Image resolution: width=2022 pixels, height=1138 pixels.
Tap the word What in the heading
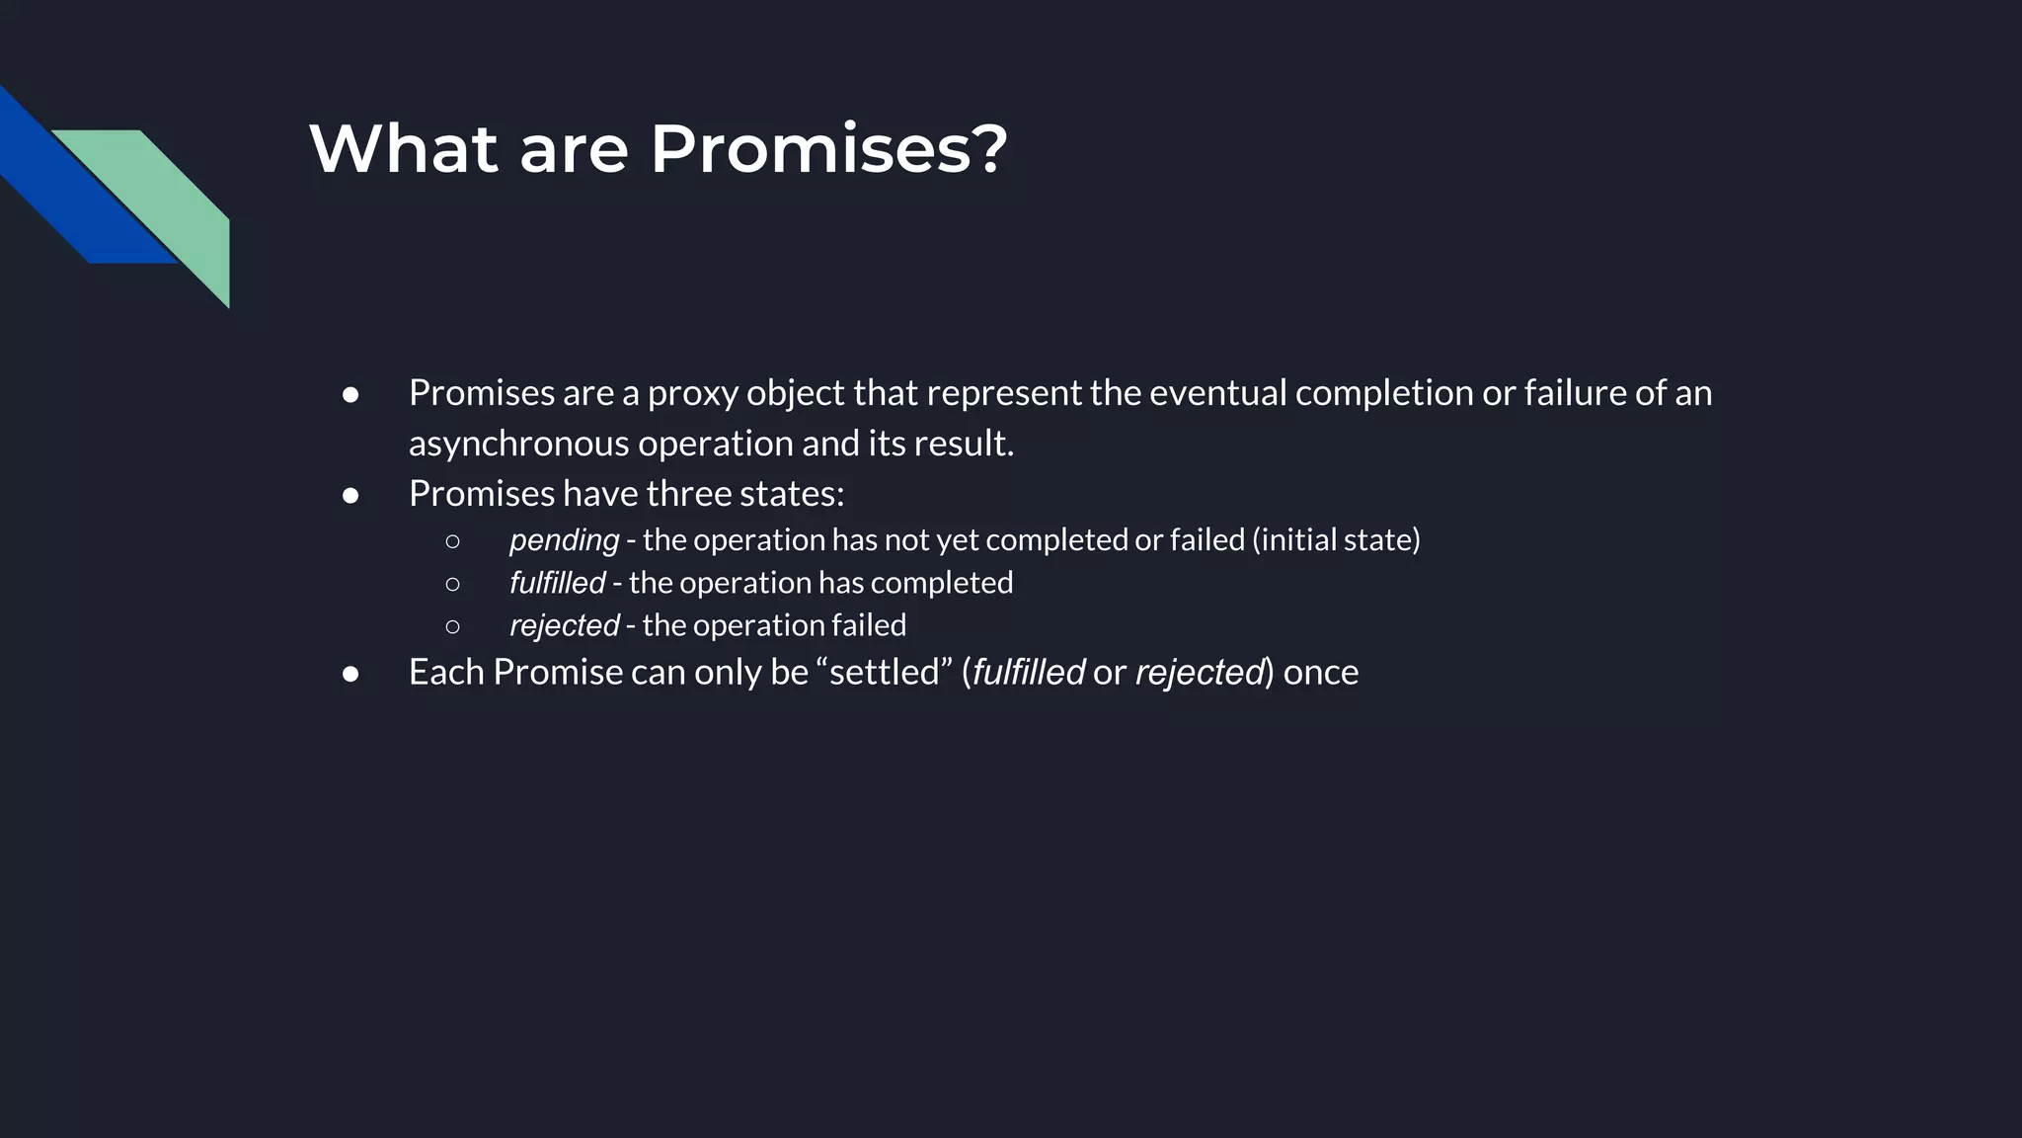coord(403,149)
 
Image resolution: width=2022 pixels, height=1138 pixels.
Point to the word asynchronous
coord(518,444)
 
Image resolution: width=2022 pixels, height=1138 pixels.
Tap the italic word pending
coord(564,540)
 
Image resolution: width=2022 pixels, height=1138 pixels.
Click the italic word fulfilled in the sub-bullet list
coord(557,583)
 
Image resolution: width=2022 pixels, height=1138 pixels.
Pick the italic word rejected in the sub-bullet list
coord(564,625)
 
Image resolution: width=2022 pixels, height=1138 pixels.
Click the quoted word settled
coord(884,673)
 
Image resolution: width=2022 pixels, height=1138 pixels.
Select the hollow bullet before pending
coord(452,541)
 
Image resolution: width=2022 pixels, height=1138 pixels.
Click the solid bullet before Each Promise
coord(350,674)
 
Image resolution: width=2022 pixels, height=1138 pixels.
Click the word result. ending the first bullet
coord(964,444)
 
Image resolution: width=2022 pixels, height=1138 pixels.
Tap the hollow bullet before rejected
coord(452,626)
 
